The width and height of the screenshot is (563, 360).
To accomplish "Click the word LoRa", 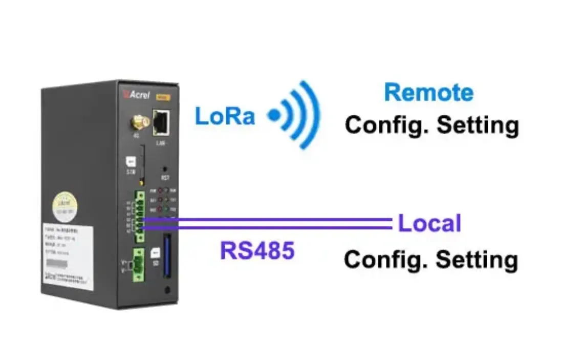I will pos(225,116).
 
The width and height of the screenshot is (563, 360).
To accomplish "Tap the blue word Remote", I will pos(429,93).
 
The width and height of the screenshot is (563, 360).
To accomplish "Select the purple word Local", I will pos(429,224).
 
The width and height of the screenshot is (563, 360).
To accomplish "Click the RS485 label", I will pos(257,251).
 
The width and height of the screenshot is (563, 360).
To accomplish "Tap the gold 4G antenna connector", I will pos(140,122).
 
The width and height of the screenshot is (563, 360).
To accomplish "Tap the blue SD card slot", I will pos(167,256).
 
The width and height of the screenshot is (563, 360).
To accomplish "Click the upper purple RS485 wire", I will pos(266,220).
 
